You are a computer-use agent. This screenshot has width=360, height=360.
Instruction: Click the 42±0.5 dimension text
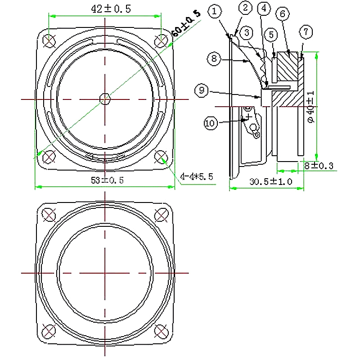[111, 9]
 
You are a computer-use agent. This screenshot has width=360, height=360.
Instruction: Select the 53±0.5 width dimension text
[107, 180]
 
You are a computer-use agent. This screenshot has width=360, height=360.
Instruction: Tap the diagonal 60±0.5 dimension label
[186, 23]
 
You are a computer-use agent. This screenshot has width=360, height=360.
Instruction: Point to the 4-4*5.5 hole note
[197, 176]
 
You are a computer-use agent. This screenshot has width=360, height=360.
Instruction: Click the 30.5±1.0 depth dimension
[271, 182]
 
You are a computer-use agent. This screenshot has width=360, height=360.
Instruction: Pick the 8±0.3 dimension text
[319, 166]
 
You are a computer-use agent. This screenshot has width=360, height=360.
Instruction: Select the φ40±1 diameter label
[311, 107]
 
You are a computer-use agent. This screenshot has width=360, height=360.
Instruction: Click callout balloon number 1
[215, 11]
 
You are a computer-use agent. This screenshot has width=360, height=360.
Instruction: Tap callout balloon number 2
[245, 8]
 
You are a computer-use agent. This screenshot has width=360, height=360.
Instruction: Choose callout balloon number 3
[247, 33]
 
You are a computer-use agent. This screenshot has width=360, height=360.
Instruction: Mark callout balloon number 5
[271, 35]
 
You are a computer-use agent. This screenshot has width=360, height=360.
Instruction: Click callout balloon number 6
[283, 14]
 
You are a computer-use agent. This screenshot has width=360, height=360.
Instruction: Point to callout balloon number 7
[306, 31]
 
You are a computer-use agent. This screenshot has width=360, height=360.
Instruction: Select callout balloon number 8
[214, 58]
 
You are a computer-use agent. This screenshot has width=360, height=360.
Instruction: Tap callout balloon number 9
[201, 90]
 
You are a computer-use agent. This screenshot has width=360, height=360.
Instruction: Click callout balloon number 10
[211, 123]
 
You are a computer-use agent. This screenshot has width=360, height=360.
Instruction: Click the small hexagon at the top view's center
[105, 99]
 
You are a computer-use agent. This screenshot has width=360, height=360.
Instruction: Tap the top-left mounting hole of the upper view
[49, 41]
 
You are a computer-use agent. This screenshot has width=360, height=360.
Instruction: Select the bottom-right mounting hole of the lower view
[161, 331]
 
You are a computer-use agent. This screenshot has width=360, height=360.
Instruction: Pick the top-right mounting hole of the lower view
[161, 215]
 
